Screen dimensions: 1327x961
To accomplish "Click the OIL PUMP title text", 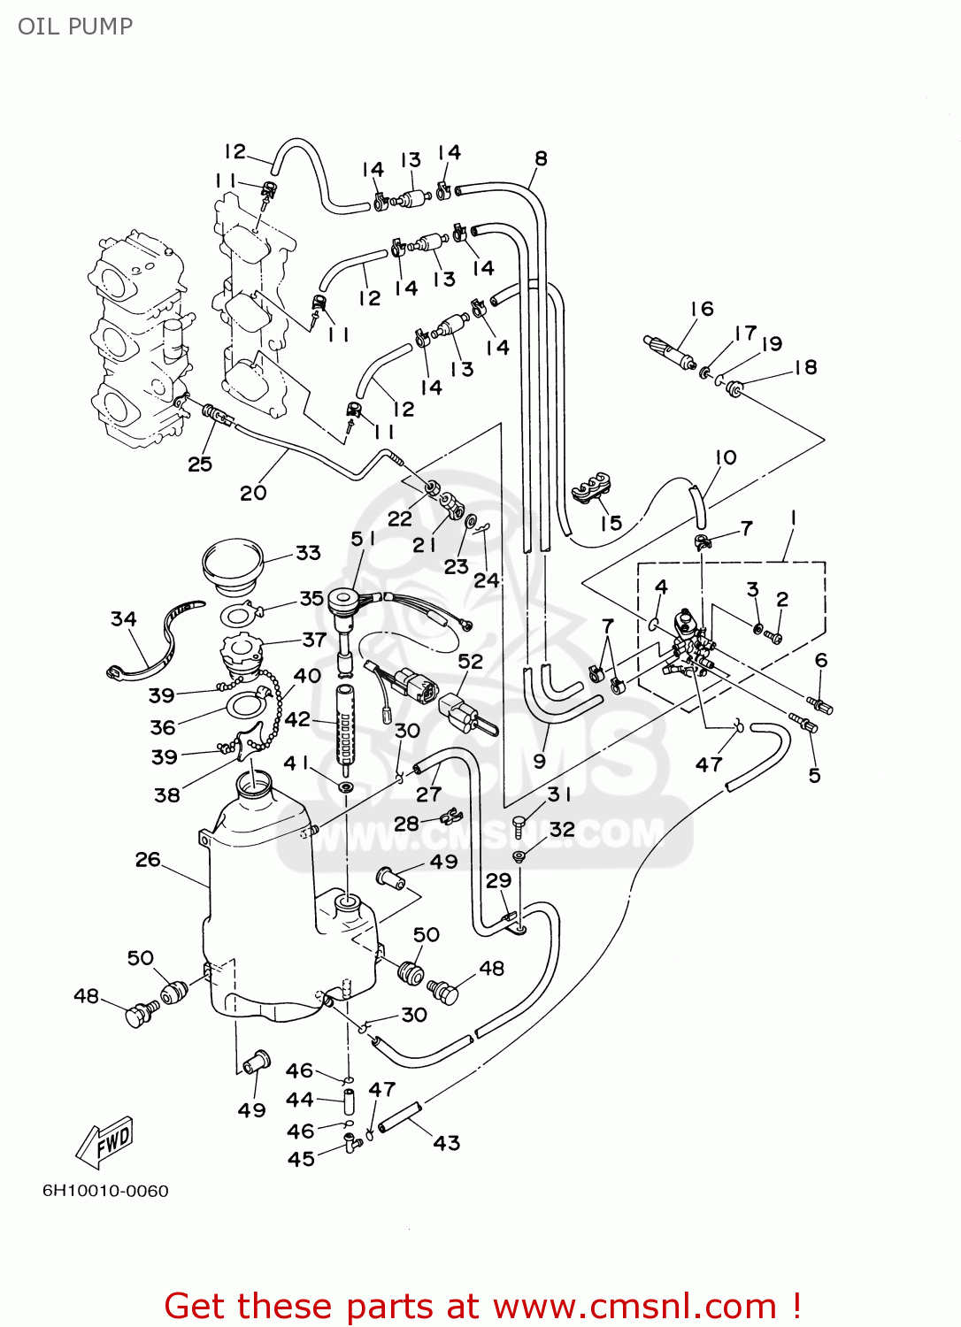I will (75, 27).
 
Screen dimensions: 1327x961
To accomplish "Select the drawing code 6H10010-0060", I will (105, 1191).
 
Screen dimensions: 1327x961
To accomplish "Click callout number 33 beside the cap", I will (308, 553).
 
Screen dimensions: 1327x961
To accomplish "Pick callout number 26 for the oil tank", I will (148, 860).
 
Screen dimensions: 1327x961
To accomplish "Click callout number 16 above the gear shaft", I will (702, 309).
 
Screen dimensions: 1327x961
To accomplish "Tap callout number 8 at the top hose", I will (541, 158).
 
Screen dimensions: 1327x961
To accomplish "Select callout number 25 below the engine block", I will (200, 464).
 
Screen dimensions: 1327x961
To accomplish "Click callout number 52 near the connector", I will (471, 662).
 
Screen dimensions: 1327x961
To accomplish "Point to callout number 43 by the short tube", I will (447, 1143).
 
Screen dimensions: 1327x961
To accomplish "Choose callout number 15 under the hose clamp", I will (611, 523).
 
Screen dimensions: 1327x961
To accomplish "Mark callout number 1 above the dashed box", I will (794, 518).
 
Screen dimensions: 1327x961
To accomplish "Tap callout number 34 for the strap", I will (124, 619).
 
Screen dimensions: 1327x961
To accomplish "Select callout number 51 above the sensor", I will (363, 539).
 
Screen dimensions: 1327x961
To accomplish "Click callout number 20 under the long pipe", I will (253, 493).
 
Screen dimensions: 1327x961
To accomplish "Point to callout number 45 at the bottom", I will (301, 1159).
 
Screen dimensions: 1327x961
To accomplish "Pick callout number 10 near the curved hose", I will (726, 457).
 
